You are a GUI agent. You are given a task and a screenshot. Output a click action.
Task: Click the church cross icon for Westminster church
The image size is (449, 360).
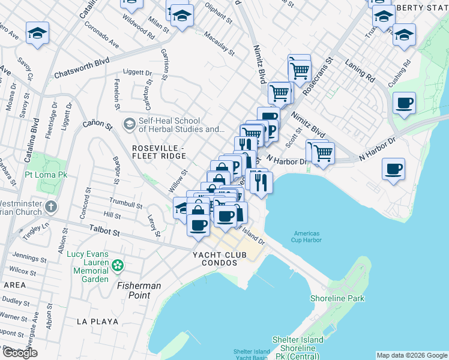coord(51,208)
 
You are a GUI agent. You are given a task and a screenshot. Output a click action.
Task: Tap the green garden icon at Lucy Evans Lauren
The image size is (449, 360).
coord(118,265)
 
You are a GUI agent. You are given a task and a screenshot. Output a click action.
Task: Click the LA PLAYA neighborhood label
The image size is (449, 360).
coord(97,322)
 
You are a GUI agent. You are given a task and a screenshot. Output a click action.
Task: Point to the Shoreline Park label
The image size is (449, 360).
coord(337,298)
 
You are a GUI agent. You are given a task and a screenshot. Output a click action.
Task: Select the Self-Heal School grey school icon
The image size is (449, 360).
coord(128,124)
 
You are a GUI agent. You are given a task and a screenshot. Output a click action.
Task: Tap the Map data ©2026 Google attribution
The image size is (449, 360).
coord(412,355)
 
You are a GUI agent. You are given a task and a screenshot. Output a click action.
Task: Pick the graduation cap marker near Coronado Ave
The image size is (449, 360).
coord(37,34)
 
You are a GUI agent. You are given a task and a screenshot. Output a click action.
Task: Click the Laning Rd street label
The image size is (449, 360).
coord(360,70)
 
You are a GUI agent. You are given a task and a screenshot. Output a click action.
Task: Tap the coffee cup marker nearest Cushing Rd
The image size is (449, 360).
coord(405,103)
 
